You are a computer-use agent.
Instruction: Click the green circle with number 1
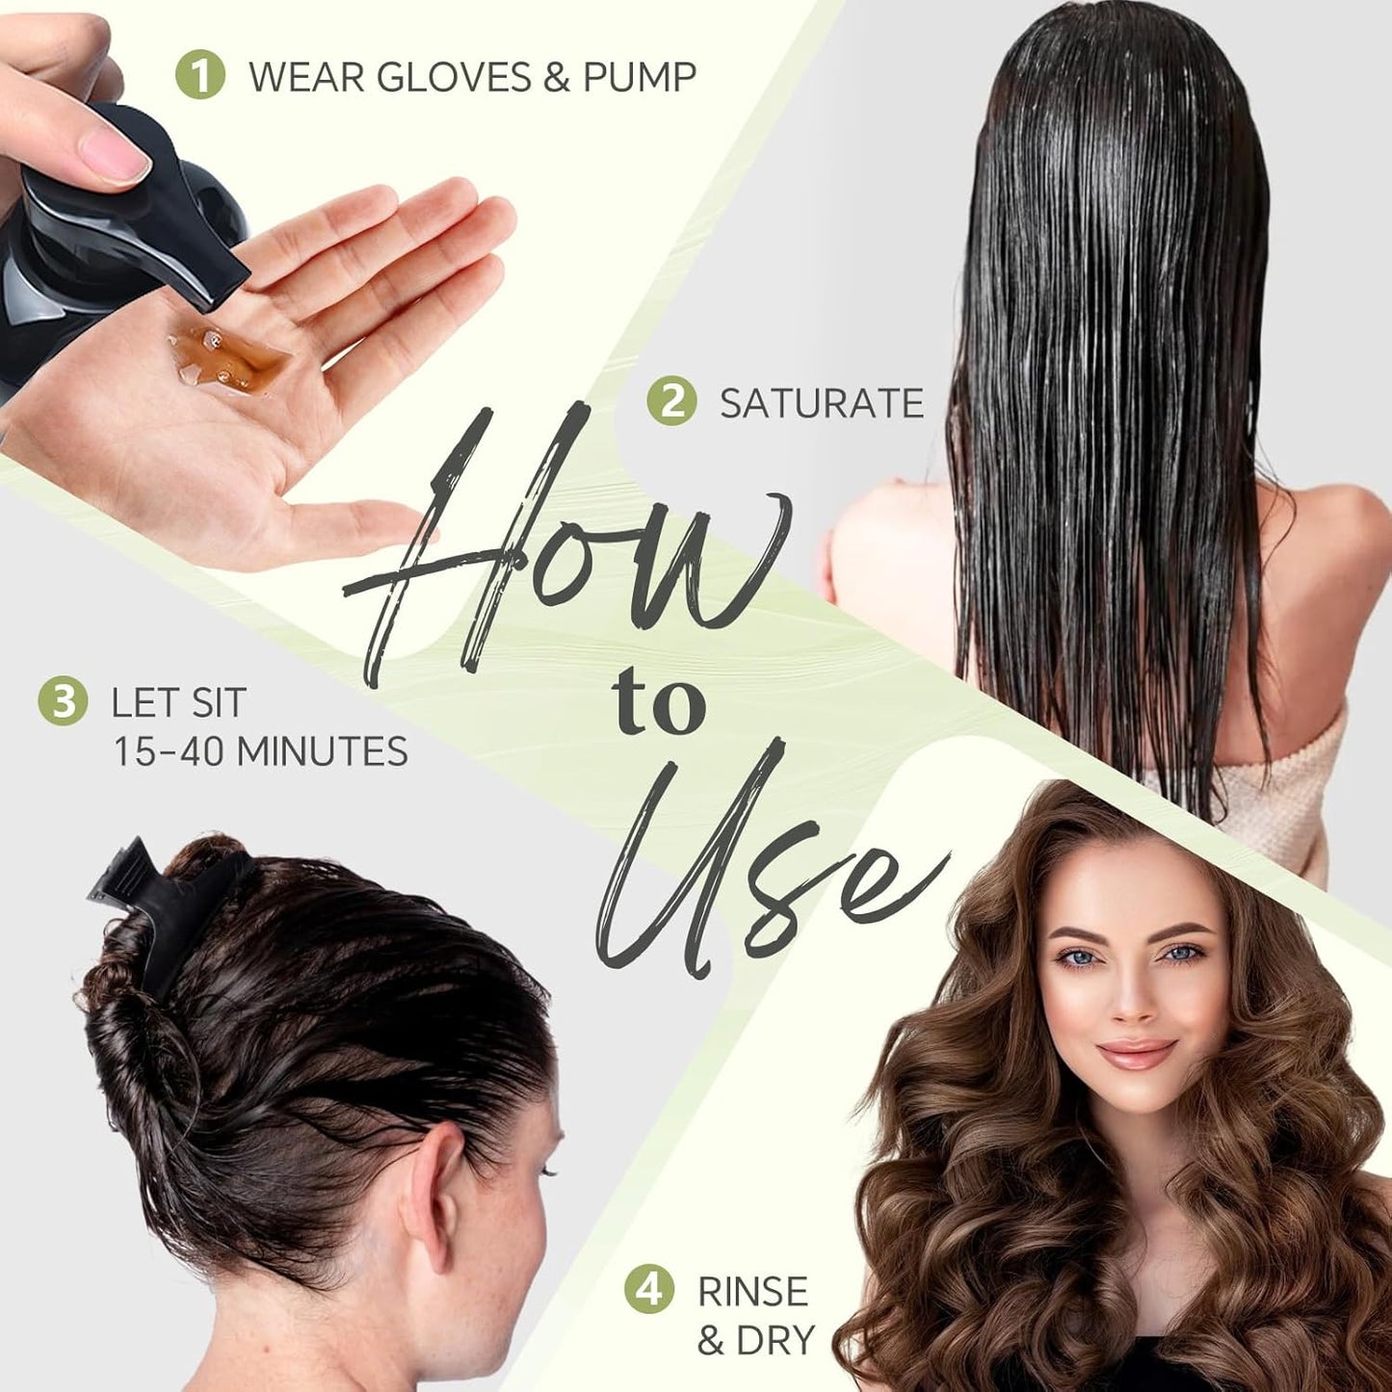pyautogui.click(x=200, y=74)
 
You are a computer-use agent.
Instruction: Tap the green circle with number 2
pyautogui.click(x=671, y=401)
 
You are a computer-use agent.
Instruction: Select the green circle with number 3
pyautogui.click(x=63, y=701)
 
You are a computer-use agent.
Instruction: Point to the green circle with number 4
pyautogui.click(x=648, y=1289)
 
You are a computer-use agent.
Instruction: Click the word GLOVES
pyautogui.click(x=454, y=77)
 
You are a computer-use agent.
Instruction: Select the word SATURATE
pyautogui.click(x=822, y=404)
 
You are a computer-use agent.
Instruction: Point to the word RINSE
pyautogui.click(x=752, y=1292)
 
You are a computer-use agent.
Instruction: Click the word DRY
pyautogui.click(x=775, y=1341)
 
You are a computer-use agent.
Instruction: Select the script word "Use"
pyautogui.click(x=761, y=867)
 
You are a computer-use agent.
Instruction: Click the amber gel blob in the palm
pyautogui.click(x=229, y=357)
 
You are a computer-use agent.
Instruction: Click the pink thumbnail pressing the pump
pyautogui.click(x=114, y=154)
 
